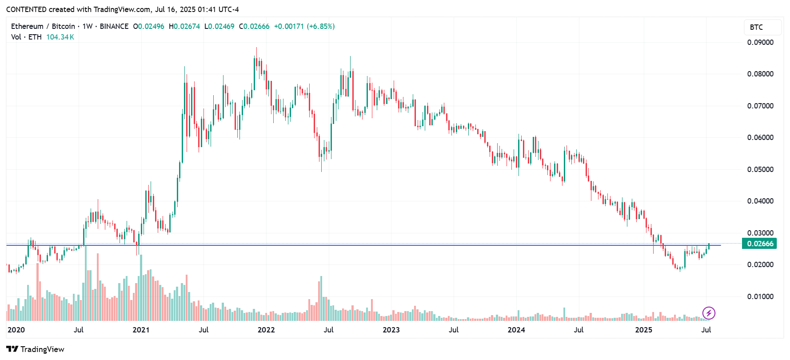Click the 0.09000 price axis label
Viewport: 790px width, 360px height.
760,42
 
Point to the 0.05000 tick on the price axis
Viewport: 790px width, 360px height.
760,169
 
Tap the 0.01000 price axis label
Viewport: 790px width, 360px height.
760,296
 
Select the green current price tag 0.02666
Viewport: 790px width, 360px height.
760,244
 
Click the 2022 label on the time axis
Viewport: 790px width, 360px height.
266,330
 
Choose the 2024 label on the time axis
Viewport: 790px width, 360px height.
516,330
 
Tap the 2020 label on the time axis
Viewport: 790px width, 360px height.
16,330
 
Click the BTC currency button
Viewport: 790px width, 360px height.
756,27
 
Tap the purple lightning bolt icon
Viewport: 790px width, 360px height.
709,313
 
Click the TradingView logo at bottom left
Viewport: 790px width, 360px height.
35,349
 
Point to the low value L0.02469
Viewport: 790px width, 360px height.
219,26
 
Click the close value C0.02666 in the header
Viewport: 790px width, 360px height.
254,26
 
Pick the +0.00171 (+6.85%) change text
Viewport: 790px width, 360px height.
304,26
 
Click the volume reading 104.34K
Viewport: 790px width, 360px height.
60,37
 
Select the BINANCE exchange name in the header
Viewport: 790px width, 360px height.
114,26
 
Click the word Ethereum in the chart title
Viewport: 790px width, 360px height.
27,26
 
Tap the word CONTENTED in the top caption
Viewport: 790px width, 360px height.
26,9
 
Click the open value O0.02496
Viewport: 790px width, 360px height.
149,26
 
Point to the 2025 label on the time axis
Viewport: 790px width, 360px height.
644,330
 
